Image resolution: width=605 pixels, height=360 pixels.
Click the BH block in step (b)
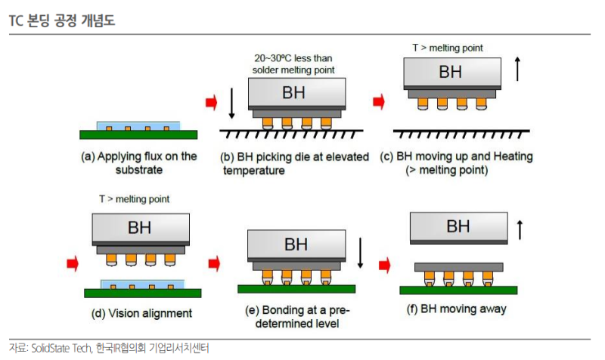point(296,92)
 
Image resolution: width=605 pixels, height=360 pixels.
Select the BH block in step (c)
point(452,72)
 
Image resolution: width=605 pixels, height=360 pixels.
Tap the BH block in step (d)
point(141,228)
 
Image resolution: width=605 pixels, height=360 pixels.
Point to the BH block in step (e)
point(296,244)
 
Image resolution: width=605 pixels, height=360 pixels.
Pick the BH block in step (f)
point(459,227)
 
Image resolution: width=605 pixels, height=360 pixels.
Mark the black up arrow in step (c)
point(517,69)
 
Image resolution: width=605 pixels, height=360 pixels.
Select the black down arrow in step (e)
point(360,253)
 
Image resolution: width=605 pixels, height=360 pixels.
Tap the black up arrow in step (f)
point(520,230)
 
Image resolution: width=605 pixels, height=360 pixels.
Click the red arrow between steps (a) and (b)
point(212,102)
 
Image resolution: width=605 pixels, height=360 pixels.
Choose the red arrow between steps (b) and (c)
point(379,102)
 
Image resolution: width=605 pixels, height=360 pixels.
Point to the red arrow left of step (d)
point(73,264)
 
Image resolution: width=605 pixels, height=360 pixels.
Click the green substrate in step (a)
point(138,135)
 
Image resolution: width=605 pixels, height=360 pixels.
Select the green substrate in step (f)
point(458,290)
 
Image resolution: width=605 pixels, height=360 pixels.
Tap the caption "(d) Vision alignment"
point(141,313)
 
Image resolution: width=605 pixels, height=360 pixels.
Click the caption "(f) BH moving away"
point(457,309)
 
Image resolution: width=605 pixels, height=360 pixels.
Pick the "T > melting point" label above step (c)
point(448,48)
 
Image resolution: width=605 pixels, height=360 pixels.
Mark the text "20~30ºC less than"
point(293,58)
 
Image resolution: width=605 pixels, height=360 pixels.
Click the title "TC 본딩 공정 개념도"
point(62,20)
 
